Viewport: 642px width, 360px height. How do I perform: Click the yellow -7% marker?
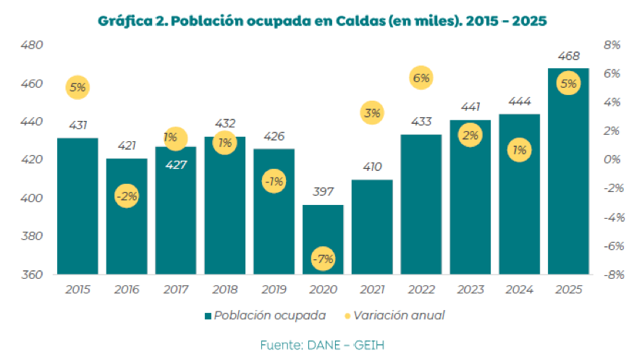pos(323,259)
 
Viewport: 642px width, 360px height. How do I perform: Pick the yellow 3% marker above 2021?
pos(372,112)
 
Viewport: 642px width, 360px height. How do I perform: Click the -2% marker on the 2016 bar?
pos(126,196)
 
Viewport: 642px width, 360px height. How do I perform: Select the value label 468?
pos(568,56)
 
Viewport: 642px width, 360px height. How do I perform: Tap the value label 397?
pos(323,193)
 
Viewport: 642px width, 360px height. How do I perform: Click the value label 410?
pos(372,167)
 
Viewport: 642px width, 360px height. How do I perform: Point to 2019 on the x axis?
pos(274,289)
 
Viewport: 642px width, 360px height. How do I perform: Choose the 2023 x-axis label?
pos(470,289)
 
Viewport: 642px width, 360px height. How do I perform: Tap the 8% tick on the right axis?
pos(612,45)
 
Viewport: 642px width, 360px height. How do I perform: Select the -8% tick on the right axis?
pos(612,275)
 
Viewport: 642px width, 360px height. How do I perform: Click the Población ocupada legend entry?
pos(265,315)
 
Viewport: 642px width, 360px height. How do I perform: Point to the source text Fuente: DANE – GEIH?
pos(321,345)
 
